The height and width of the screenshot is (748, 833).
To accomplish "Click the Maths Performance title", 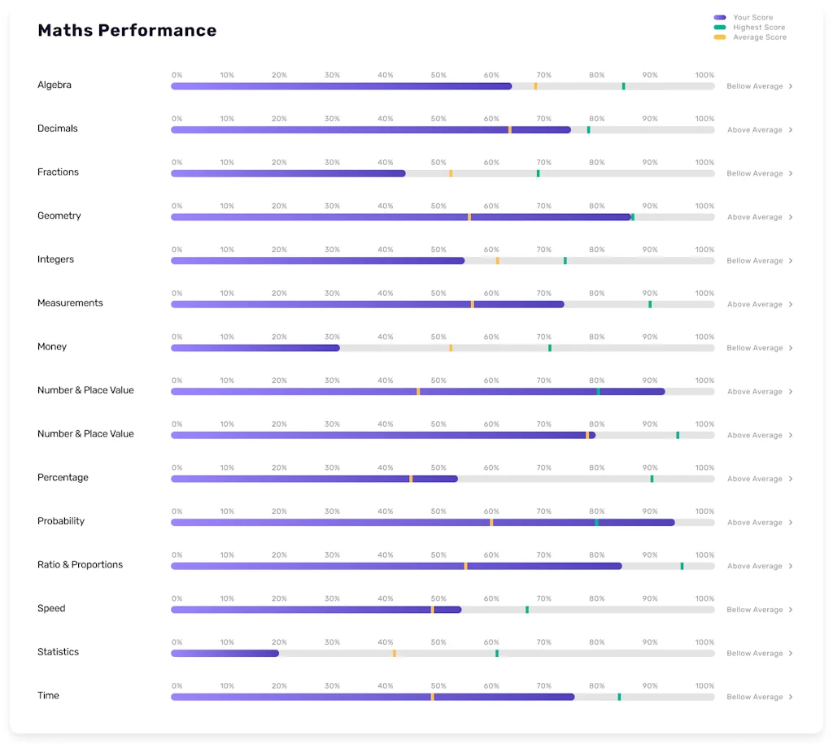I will tap(127, 31).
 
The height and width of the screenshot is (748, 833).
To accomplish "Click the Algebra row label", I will tap(55, 85).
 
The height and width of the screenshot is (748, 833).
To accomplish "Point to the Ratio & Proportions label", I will tap(80, 564).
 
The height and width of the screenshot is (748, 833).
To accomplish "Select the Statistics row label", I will tap(58, 652).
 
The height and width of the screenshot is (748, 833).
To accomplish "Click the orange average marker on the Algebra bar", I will tap(535, 86).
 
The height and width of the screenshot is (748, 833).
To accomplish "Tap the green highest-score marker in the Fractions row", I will tap(538, 173).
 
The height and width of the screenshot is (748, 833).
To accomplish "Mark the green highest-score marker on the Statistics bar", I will tap(497, 653).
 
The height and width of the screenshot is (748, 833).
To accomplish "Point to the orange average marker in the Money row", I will tap(451, 348).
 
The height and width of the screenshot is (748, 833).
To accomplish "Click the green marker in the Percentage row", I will tap(652, 479).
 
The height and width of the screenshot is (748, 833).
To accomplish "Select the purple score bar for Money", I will tap(255, 348).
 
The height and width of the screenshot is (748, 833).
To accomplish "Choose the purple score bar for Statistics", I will tap(225, 653).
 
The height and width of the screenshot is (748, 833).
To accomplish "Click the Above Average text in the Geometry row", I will tap(754, 217).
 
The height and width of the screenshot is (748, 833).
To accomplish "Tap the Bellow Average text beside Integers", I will tap(754, 261).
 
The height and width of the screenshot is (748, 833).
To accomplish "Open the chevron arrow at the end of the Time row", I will tap(791, 697).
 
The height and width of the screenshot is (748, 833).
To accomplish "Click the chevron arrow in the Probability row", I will tap(791, 523).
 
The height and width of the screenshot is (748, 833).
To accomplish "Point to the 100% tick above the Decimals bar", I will tap(704, 119).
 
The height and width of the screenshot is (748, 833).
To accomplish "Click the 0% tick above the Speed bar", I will tap(177, 598).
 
